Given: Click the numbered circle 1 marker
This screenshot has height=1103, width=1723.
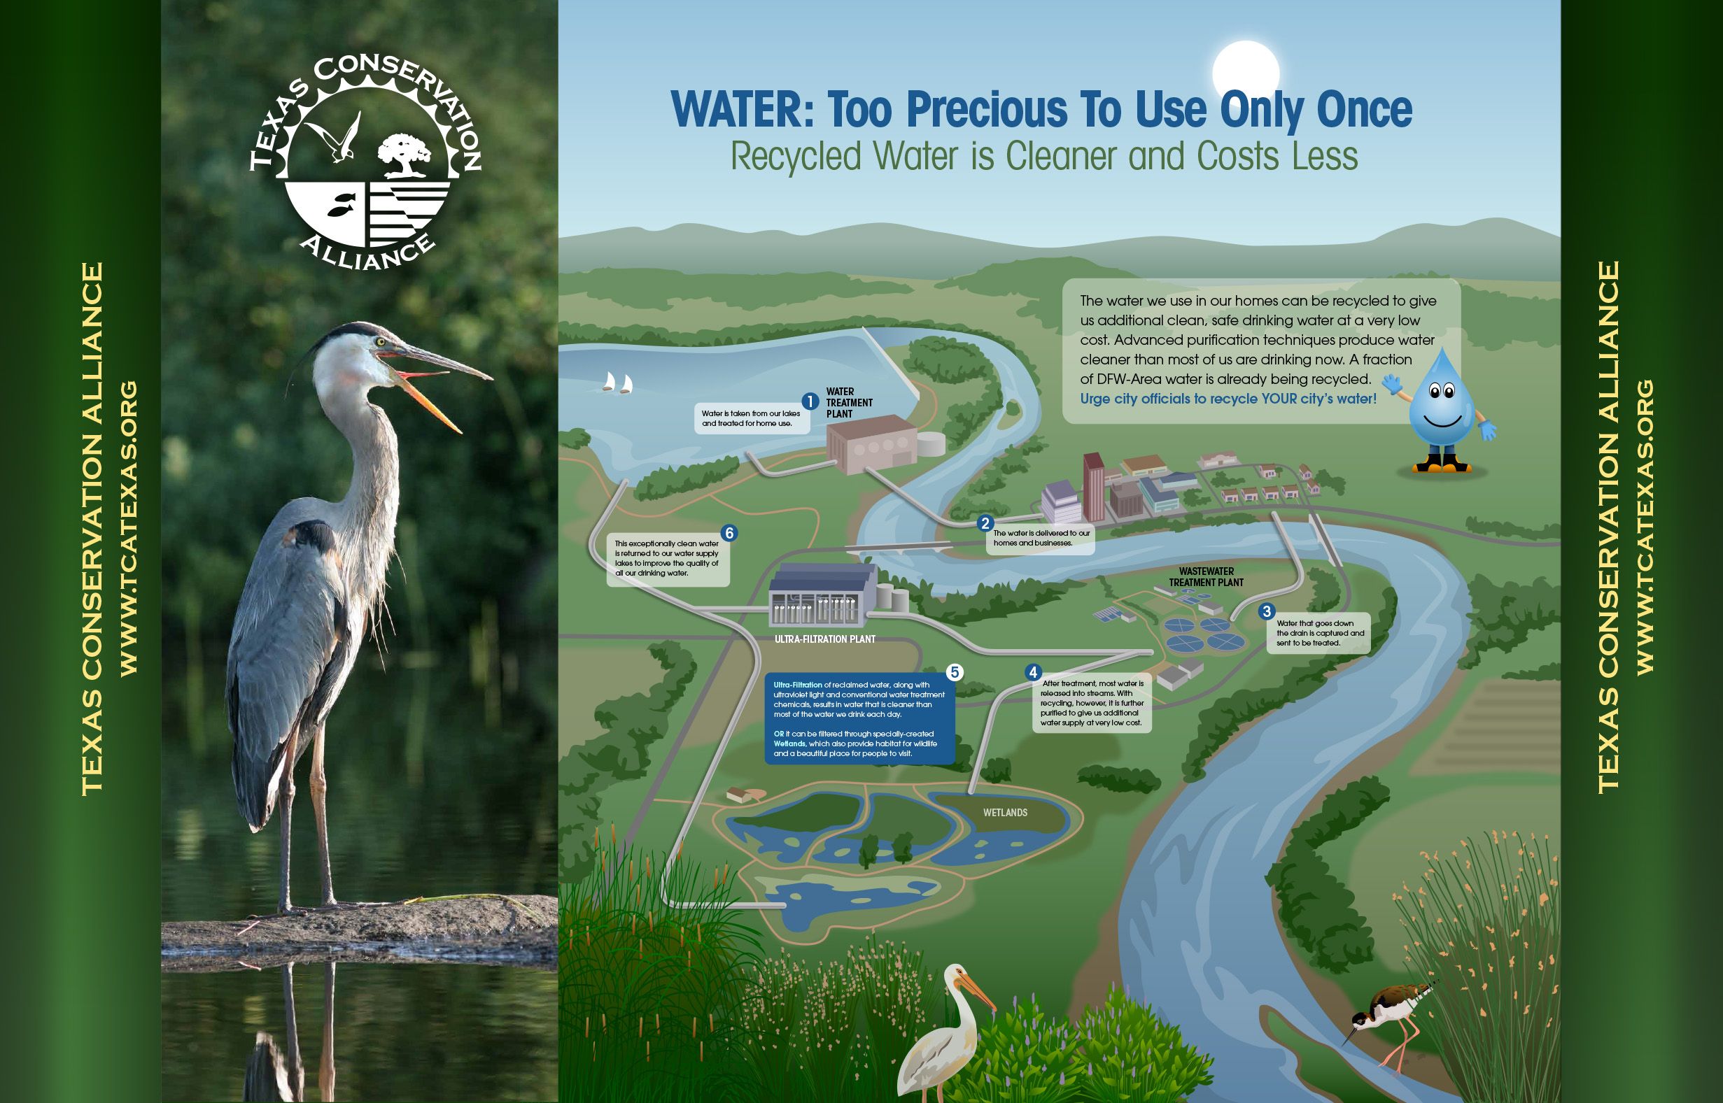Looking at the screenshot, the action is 810,401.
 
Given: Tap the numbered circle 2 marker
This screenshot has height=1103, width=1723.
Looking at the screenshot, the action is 986,524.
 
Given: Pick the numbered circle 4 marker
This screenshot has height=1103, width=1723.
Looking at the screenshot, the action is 1032,672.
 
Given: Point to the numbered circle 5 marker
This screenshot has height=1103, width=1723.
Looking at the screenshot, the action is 955,672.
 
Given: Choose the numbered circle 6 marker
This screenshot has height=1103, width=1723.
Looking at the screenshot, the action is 729,533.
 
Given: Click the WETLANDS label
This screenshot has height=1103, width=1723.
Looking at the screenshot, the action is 1005,812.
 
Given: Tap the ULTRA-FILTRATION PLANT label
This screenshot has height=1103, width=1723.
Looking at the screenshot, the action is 825,639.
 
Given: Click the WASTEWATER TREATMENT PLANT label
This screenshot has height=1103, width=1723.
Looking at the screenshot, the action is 1207,576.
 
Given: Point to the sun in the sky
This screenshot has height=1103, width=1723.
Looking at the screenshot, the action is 1245,73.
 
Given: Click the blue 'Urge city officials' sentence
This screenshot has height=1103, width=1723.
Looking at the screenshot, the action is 1228,399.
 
